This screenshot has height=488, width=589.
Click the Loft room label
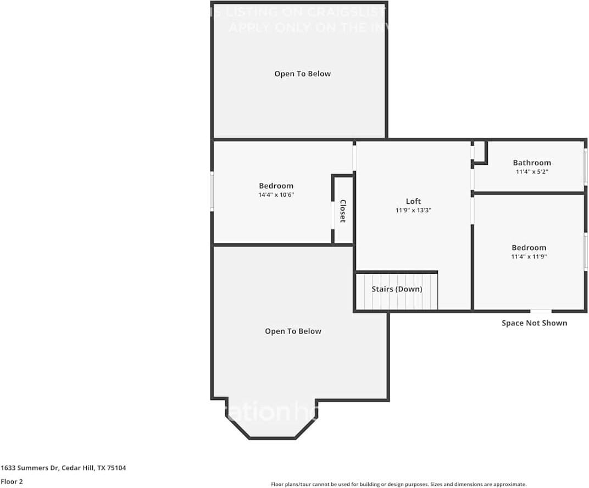[413, 201]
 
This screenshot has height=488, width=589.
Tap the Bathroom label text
[531, 163]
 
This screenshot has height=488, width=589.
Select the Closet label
[342, 211]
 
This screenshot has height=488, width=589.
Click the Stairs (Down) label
[397, 289]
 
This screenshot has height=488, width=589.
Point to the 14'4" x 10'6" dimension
[276, 195]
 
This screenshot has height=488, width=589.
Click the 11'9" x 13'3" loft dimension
[413, 210]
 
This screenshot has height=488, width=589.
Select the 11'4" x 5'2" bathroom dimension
[531, 171]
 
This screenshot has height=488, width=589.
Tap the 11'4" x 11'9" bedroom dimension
[529, 256]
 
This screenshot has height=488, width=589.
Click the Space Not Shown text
[534, 323]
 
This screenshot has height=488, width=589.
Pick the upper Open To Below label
[302, 74]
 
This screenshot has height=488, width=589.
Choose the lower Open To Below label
[293, 331]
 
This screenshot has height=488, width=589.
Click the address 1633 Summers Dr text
[63, 468]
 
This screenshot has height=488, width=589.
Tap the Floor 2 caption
[12, 481]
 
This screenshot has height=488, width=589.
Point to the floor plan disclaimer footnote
[398, 484]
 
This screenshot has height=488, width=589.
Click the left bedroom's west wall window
[212, 191]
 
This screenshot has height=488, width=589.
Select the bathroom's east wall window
[585, 166]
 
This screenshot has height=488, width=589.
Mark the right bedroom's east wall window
[585, 251]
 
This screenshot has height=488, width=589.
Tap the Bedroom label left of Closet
[276, 186]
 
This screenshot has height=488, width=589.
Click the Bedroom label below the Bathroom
[529, 247]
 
